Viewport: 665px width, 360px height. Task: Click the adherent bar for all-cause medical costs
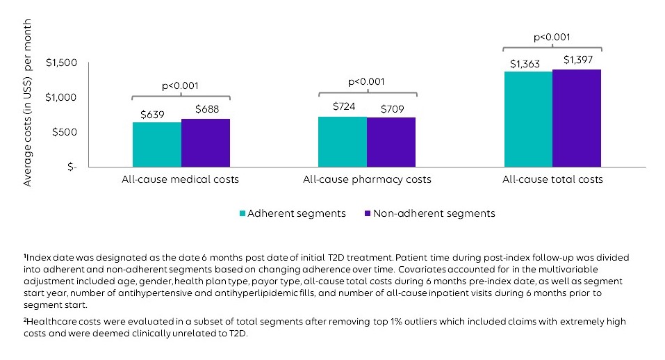click(x=157, y=145)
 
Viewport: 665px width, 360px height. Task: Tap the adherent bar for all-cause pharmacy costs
click(x=343, y=142)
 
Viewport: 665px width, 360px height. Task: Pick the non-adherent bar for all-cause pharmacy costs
click(x=391, y=142)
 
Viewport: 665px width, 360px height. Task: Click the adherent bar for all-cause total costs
click(x=528, y=119)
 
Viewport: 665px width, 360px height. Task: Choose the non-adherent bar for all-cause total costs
click(x=577, y=118)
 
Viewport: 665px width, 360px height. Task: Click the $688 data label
click(x=207, y=109)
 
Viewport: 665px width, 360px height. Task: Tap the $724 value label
click(x=343, y=107)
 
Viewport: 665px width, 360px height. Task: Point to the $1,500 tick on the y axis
click(x=61, y=63)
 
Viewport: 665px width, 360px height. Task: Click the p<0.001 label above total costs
click(x=552, y=37)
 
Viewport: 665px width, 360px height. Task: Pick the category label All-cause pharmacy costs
click(x=367, y=179)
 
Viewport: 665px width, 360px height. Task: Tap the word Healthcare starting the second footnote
click(x=49, y=322)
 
